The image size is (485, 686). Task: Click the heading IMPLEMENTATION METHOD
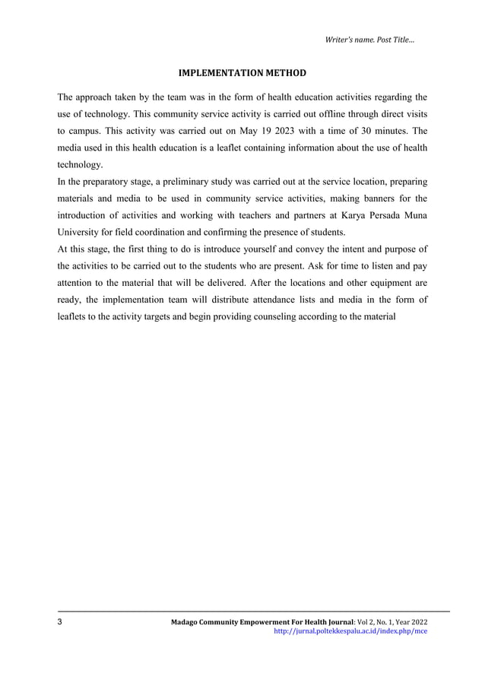click(242, 74)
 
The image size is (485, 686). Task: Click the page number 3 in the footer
click(61, 623)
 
